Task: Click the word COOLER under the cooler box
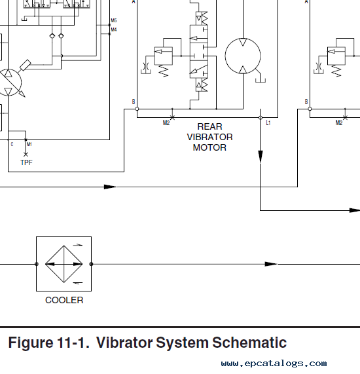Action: [64, 300]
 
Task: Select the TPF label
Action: [26, 162]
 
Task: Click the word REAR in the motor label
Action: [210, 126]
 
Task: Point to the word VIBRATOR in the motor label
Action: [210, 137]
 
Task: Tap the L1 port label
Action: [268, 123]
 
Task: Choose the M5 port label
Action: [114, 20]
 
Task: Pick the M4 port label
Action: [114, 29]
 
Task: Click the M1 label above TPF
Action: [29, 144]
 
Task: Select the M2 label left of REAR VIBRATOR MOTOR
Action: [166, 123]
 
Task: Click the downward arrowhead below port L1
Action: [261, 157]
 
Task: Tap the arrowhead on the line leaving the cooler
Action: [272, 264]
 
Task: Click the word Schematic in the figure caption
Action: [249, 343]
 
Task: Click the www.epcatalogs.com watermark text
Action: [274, 364]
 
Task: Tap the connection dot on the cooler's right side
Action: [91, 264]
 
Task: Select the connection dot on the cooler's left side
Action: [37, 264]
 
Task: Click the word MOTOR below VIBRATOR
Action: [209, 147]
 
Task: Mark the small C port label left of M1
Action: [12, 144]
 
